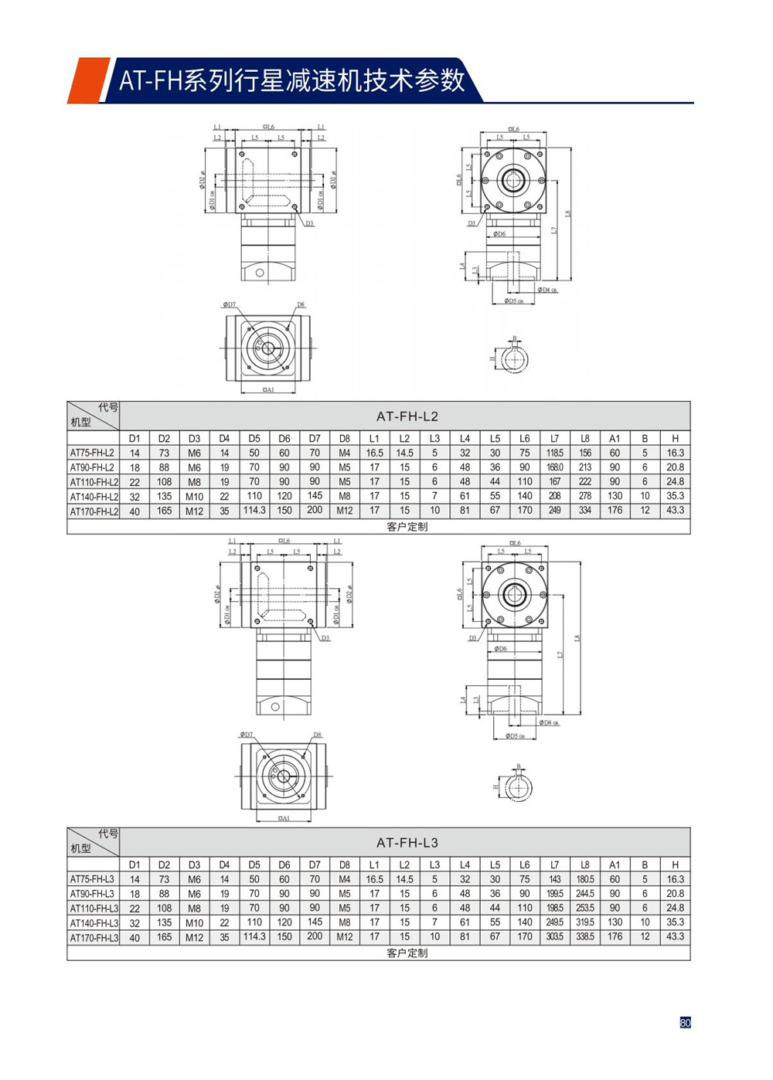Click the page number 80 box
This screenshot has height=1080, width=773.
[x=685, y=1022]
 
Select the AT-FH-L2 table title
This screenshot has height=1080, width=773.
[x=407, y=416]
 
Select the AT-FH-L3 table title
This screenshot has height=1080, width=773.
[x=407, y=843]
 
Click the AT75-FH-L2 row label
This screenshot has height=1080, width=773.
[x=92, y=453]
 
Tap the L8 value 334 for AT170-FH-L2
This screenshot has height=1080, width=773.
[x=584, y=511]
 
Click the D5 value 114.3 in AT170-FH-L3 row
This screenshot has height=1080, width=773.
[x=254, y=936]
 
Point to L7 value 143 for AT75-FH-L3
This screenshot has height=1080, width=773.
[x=554, y=879]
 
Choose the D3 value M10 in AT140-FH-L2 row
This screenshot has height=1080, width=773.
[x=194, y=497]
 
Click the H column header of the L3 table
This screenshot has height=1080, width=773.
[x=675, y=864]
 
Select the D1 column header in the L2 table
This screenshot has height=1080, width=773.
[x=135, y=439]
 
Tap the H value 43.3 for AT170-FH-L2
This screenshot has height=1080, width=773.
[x=675, y=511]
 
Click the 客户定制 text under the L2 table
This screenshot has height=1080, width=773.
[x=407, y=527]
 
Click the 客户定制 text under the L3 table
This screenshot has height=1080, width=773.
[x=407, y=953]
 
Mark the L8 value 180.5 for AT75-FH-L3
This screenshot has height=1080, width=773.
[x=584, y=879]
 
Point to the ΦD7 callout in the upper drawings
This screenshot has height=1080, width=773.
[x=229, y=305]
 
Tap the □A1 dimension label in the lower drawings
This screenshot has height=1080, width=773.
[x=283, y=818]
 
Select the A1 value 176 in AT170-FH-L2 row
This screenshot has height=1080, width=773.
[x=615, y=511]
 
